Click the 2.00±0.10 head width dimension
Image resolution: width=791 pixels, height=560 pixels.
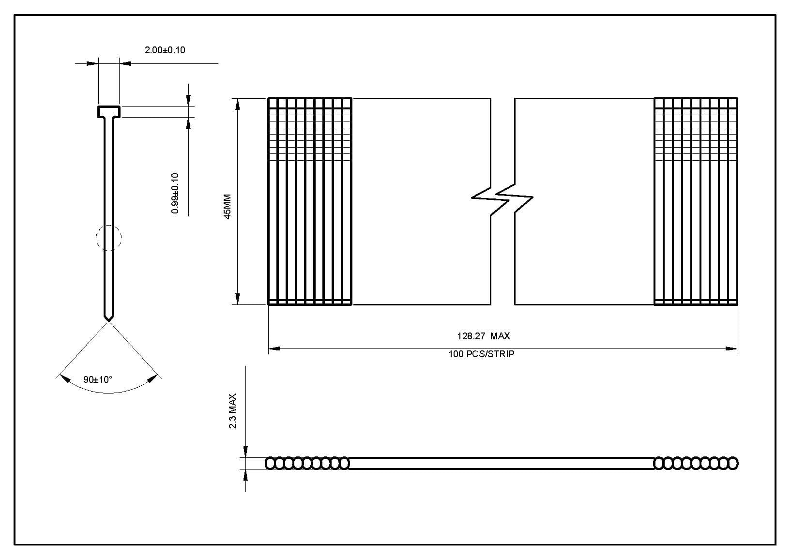coord(165,50)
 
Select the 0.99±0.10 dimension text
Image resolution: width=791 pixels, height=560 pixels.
coord(175,193)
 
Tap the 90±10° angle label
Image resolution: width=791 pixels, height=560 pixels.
coord(97,379)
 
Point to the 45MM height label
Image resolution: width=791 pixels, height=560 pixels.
coord(228,207)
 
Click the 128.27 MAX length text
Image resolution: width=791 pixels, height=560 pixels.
coord(483,336)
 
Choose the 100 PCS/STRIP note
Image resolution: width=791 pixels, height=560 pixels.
coord(481,354)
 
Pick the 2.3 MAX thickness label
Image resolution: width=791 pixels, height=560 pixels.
coord(233,411)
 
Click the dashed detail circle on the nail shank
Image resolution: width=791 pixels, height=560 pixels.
coord(109,238)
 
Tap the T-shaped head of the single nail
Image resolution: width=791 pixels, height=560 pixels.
coord(109,112)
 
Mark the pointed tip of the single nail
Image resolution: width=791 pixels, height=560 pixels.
coord(109,318)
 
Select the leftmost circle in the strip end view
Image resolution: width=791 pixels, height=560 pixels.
coord(271,463)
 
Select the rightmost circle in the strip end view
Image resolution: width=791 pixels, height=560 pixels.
coord(733,463)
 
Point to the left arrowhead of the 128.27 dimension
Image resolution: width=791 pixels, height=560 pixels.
coord(274,348)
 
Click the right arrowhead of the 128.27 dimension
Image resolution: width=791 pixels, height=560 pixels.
coord(731,348)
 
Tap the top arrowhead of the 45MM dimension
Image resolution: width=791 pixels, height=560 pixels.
coord(237,104)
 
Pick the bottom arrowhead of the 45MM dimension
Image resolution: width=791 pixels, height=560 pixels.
coord(237,299)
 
